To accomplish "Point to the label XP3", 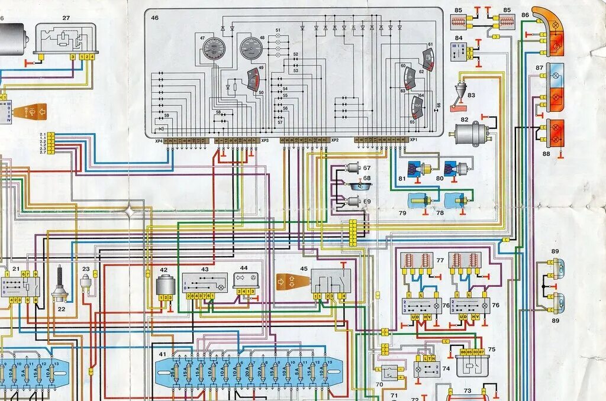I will (x=265, y=141).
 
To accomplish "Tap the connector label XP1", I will (x=413, y=140).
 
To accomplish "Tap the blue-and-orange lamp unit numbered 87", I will (x=555, y=86).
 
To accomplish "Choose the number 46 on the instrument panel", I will (x=154, y=18).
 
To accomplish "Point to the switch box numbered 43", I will (x=204, y=282).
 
